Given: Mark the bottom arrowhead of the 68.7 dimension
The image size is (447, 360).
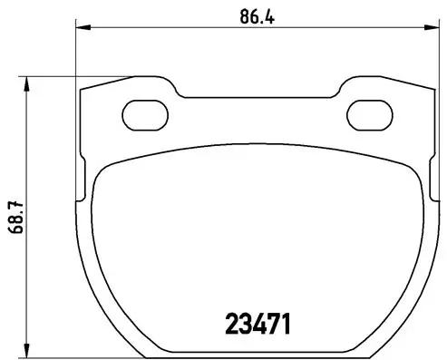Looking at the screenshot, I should point(29,351).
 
